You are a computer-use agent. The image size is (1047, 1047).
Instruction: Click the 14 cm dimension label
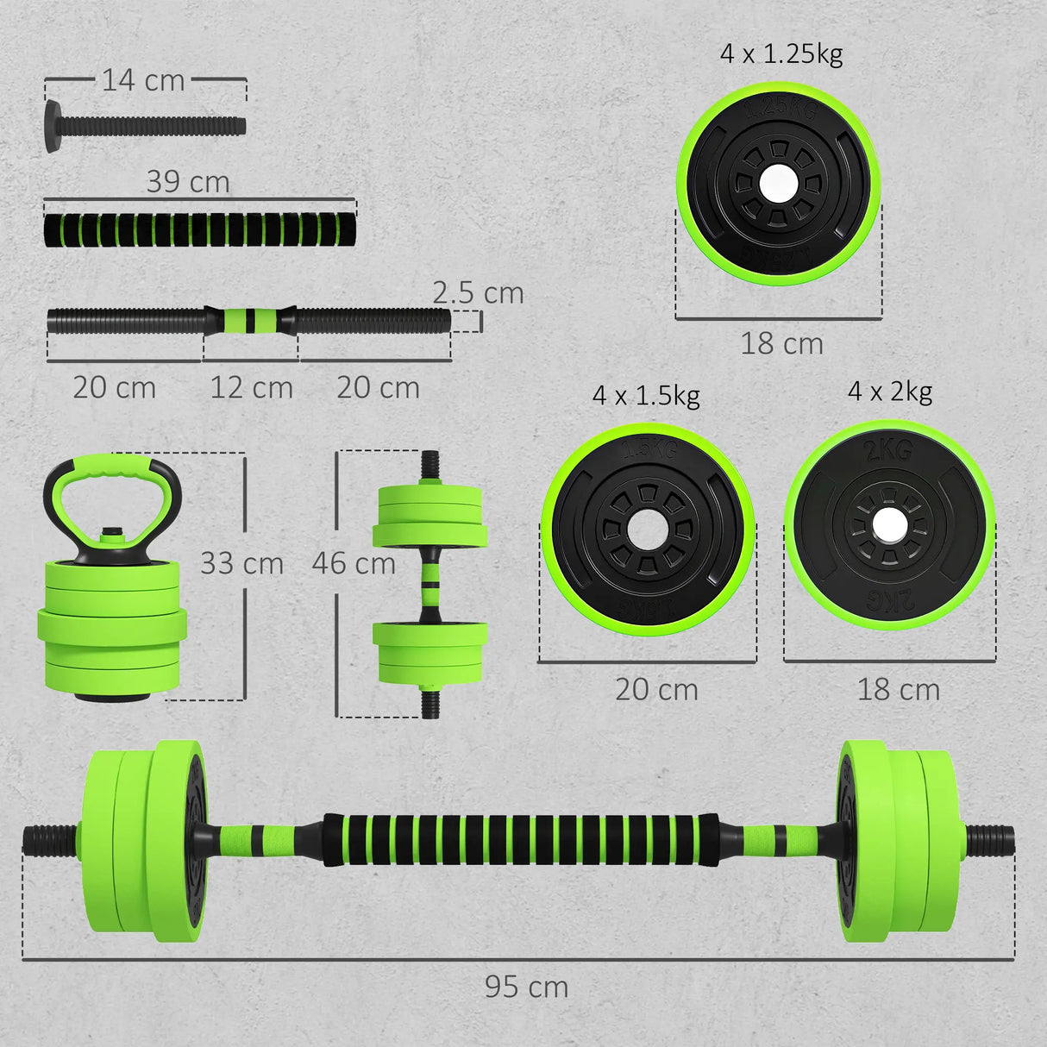tap(143, 80)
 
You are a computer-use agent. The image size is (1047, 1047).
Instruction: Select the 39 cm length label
tap(188, 182)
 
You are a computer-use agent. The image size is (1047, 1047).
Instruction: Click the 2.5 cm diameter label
tap(478, 292)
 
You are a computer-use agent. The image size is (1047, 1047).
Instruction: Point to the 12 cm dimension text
tap(251, 387)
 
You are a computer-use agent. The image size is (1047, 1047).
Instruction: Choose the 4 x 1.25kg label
tap(781, 53)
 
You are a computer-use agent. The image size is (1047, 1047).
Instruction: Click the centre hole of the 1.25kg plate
tap(778, 182)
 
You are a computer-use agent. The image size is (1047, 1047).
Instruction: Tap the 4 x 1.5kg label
tap(646, 396)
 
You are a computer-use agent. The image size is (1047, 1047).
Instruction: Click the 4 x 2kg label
tap(890, 392)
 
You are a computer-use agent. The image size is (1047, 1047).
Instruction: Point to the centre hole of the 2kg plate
tap(888, 525)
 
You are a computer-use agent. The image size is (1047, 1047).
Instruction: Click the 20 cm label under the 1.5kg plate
tap(656, 690)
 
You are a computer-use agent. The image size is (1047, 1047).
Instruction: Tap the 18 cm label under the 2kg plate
tap(898, 690)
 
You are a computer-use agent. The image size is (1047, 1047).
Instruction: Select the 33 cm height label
tap(241, 564)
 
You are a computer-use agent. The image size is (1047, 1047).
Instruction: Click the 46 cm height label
tap(354, 564)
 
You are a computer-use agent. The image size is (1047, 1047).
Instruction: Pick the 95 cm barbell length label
tap(526, 987)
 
